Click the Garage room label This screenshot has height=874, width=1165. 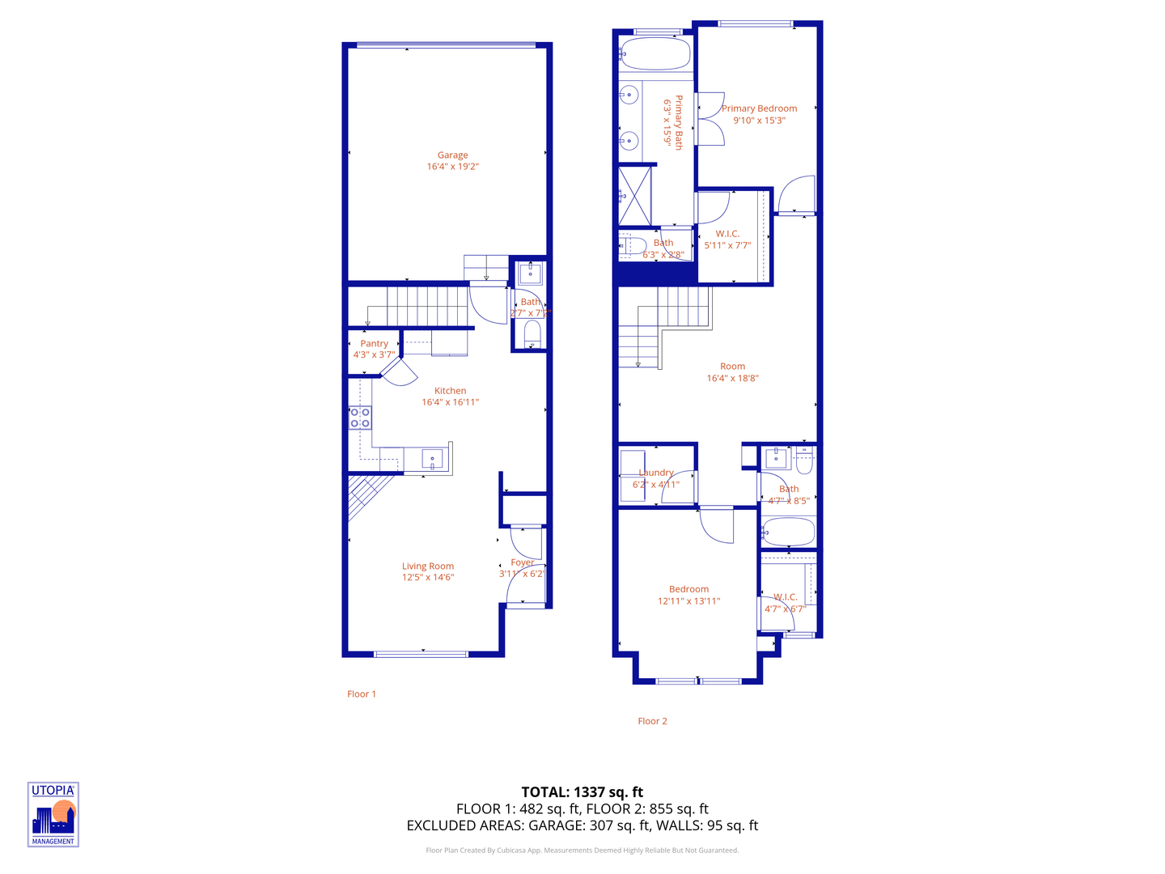coord(452,155)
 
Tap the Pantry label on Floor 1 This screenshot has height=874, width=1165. coord(374,344)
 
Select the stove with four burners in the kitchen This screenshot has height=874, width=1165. coord(360,418)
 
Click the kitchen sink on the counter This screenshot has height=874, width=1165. coord(432,459)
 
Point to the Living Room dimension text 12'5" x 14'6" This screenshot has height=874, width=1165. coord(428,578)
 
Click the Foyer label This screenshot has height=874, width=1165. coord(522,562)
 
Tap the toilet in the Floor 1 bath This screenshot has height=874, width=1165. coord(532,333)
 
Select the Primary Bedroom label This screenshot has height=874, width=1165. coord(759,108)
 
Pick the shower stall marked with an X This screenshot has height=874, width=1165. coord(634,195)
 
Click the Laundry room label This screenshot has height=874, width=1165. coord(655,473)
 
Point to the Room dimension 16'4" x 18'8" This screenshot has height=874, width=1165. coord(732,378)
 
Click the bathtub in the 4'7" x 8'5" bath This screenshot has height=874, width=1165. coord(788,533)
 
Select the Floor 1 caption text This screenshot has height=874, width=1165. coord(362,694)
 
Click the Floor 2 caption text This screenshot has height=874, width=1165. coord(652,721)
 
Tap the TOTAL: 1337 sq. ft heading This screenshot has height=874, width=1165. coord(582,792)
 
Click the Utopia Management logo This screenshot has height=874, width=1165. coord(53,814)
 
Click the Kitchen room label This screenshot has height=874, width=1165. coord(450,391)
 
